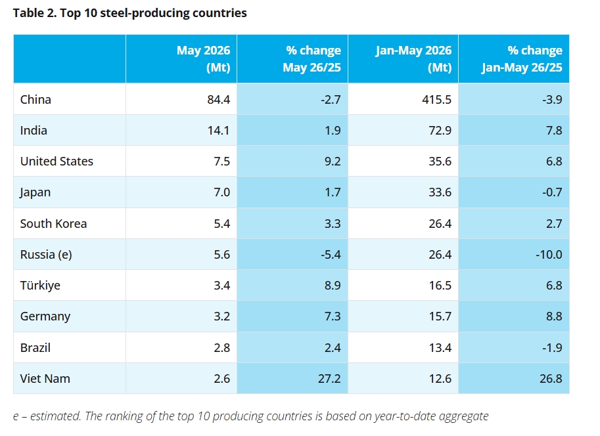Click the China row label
35,99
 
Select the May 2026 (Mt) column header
203,59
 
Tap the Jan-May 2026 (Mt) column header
413,59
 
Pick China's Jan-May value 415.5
436,99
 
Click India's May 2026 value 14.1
218,131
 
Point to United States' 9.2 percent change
332,162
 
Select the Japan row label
35,192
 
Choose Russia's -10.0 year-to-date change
549,255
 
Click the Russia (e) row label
46,255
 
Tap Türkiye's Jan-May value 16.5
440,286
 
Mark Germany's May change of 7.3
332,316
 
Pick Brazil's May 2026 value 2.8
222,347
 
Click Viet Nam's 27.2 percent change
329,379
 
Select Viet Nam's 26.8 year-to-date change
551,379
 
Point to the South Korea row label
54,224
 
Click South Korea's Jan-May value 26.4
440,224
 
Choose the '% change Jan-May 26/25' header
522,59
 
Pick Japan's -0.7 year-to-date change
552,192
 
